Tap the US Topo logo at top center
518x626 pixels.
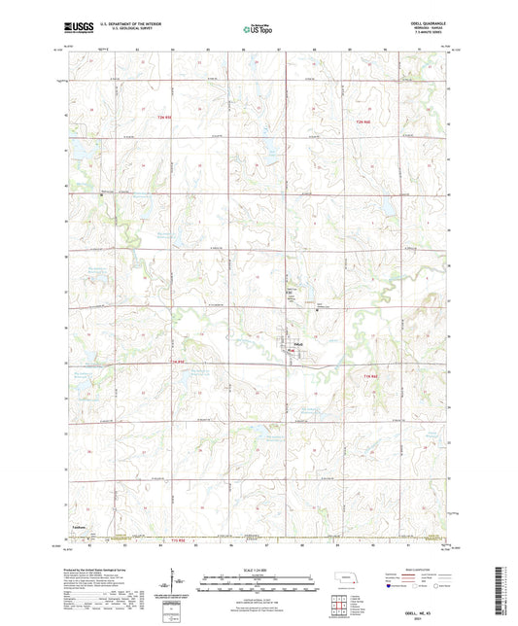[x=258, y=30]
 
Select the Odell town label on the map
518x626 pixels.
[x=299, y=344]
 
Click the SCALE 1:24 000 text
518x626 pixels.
[x=258, y=569]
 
